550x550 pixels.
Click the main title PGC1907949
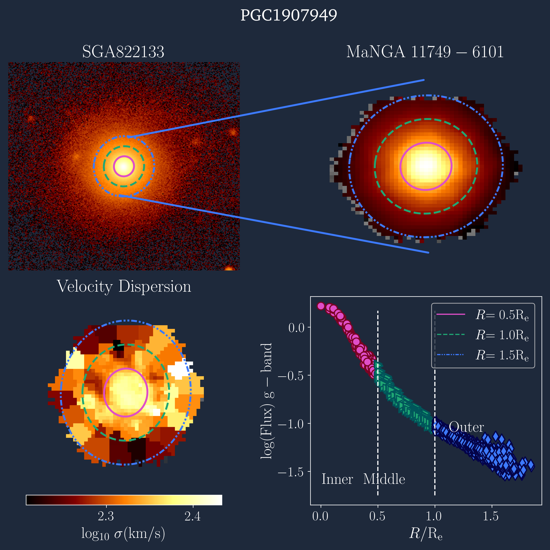click(x=289, y=15)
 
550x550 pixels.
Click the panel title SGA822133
click(x=123, y=52)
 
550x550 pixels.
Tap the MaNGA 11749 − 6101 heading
click(x=425, y=52)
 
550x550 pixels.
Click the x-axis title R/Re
click(x=426, y=533)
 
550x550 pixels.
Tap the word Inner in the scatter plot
click(x=337, y=479)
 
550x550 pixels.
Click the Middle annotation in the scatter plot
click(x=384, y=479)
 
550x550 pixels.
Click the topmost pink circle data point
click(x=321, y=306)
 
